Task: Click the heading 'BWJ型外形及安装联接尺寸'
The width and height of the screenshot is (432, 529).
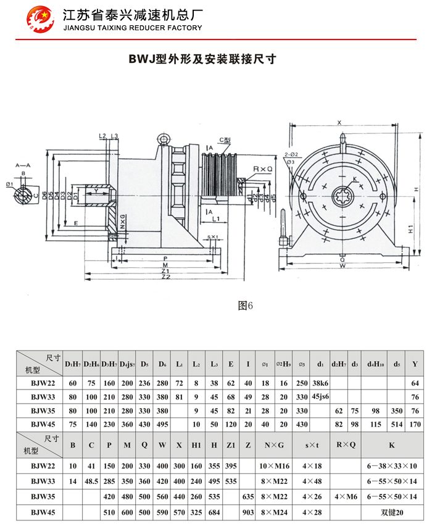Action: (202, 59)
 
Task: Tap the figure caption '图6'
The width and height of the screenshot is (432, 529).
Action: (246, 305)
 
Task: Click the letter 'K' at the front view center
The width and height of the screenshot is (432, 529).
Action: (354, 180)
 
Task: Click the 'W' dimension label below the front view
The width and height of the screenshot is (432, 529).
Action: (343, 267)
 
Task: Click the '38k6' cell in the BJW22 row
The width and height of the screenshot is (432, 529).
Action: (320, 383)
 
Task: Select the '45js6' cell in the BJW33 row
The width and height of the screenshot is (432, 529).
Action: (320, 397)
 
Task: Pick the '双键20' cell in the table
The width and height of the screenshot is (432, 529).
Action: (391, 511)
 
